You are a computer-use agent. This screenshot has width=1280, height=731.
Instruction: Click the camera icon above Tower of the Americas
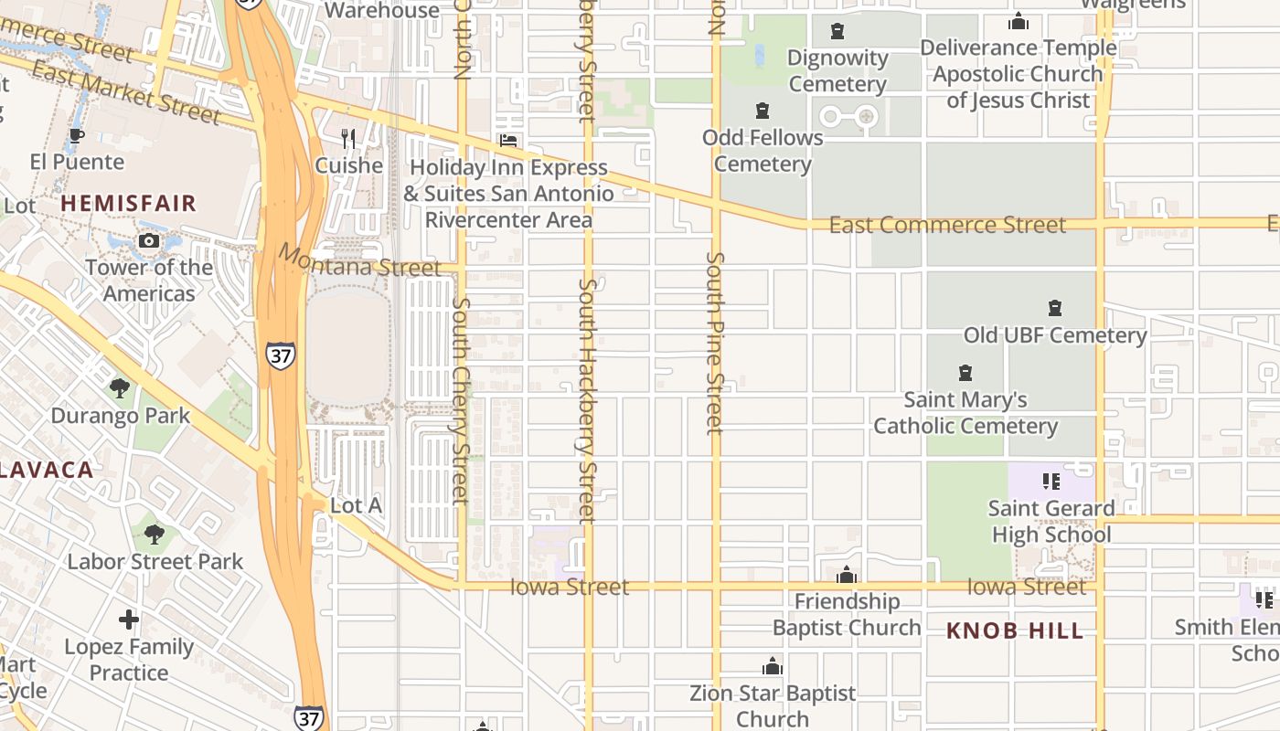[148, 241]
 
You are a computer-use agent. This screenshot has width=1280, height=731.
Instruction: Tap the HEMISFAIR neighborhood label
[129, 203]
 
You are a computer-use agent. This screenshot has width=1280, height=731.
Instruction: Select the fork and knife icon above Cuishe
[348, 139]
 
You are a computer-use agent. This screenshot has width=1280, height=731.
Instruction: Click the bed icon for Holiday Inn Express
[507, 141]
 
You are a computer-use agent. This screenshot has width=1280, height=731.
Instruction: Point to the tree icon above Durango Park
[120, 388]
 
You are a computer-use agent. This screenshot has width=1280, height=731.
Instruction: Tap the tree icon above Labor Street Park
[155, 534]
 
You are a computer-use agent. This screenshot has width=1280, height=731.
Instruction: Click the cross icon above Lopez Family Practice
[129, 620]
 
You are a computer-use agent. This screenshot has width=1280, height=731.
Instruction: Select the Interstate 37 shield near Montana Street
[281, 355]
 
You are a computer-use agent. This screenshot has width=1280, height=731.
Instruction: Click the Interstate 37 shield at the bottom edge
[308, 718]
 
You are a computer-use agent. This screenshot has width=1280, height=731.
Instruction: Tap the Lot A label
[356, 505]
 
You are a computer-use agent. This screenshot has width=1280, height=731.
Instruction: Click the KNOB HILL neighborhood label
[1015, 630]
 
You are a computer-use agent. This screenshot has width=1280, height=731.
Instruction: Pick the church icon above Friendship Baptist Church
[847, 575]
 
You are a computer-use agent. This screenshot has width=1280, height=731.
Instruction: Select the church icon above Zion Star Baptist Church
[773, 666]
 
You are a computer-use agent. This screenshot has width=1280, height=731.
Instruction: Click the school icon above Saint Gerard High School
[1051, 481]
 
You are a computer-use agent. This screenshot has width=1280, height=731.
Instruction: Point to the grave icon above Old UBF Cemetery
[1055, 308]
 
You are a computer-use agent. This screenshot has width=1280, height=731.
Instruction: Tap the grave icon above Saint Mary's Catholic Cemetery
[965, 373]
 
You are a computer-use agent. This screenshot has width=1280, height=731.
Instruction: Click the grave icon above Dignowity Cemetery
[837, 32]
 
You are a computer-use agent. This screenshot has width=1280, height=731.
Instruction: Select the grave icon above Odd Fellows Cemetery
[763, 111]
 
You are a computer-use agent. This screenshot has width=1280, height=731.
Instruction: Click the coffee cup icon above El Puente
[77, 136]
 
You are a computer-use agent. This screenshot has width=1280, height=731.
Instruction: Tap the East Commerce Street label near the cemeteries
[947, 225]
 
